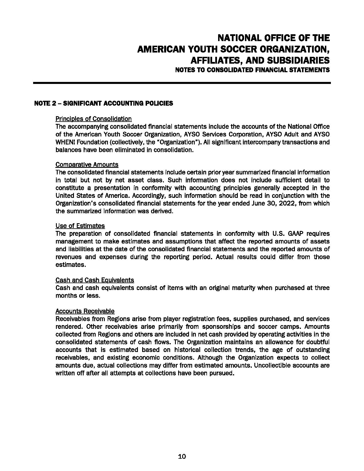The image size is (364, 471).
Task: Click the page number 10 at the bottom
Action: pyautogui.click(x=182, y=456)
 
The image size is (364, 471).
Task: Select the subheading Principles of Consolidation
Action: pyautogui.click(x=93, y=119)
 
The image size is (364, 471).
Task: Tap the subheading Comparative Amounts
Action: pyautogui.click(x=87, y=165)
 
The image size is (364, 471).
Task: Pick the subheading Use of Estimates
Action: pyautogui.click(x=80, y=226)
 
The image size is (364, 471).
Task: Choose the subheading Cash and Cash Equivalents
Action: pyautogui.click(x=94, y=280)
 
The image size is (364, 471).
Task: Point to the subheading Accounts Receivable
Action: pyautogui.click(x=85, y=311)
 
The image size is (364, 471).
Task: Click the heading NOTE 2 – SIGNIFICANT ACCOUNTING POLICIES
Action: pyautogui.click(x=103, y=103)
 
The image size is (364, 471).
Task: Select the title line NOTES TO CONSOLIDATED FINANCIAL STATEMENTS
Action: pyautogui.click(x=252, y=70)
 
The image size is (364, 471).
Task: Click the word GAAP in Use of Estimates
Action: pyautogui.click(x=291, y=234)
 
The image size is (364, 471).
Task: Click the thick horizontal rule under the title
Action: pyautogui.click(x=182, y=83)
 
